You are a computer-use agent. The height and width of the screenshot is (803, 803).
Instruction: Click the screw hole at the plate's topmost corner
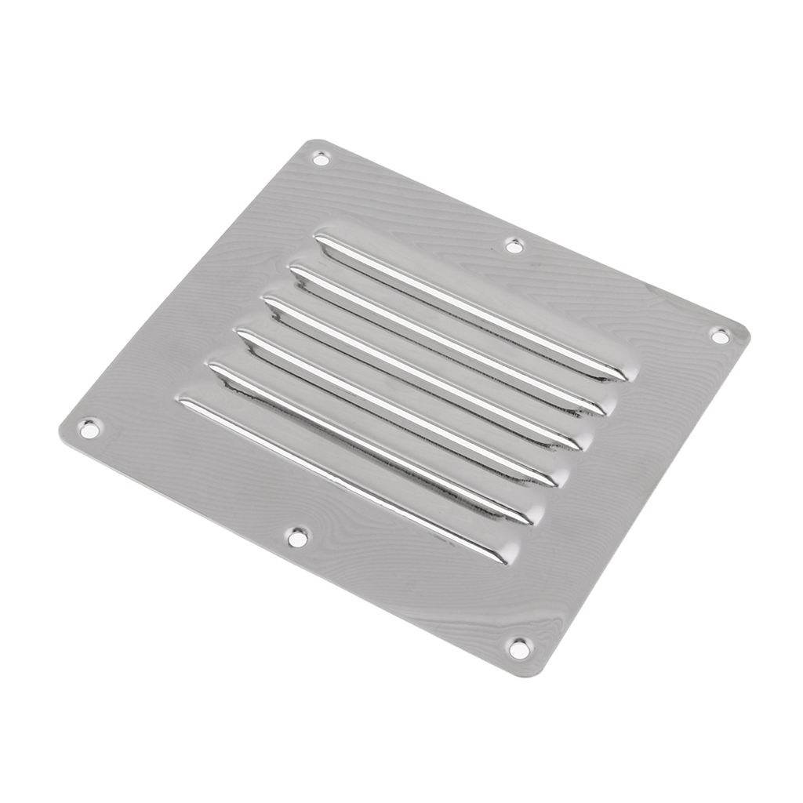tap(321, 158)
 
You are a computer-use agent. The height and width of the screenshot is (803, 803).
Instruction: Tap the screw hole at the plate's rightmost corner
tap(720, 336)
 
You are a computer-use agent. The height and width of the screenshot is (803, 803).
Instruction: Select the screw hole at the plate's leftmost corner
tap(89, 429)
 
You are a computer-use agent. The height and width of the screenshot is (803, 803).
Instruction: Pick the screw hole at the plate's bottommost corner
tap(518, 649)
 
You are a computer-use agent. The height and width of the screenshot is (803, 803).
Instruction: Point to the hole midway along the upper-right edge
tap(514, 246)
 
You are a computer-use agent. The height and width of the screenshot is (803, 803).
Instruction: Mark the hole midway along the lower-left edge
tap(297, 538)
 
